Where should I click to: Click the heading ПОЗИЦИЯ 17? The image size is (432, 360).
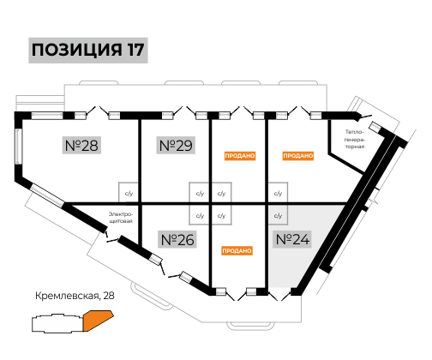pyautogui.click(x=88, y=50)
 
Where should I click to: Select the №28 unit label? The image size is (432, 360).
pyautogui.click(x=81, y=146)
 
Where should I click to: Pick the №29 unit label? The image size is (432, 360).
pyautogui.click(x=176, y=146)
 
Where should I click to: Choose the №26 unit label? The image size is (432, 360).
pyautogui.click(x=177, y=239)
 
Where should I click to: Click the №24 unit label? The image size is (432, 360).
pyautogui.click(x=292, y=239)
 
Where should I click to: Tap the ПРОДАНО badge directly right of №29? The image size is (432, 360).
pyautogui.click(x=240, y=156)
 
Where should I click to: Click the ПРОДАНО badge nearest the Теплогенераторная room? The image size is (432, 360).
pyautogui.click(x=298, y=156)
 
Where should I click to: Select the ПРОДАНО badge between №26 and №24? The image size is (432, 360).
pyautogui.click(x=237, y=251)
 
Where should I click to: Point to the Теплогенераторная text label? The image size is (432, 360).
pyautogui.click(x=355, y=139)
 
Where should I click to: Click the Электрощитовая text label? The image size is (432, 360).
pyautogui.click(x=121, y=218)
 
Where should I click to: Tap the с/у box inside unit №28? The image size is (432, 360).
pyautogui.click(x=129, y=193)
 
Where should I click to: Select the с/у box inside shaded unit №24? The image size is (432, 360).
pyautogui.click(x=278, y=215)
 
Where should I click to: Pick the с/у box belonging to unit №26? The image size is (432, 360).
pyautogui.click(x=200, y=215)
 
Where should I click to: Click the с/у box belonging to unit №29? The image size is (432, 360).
pyautogui.click(x=200, y=193)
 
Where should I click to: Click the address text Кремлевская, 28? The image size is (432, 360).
pyautogui.click(x=75, y=296)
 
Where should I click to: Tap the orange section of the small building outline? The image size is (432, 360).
pyautogui.click(x=97, y=320)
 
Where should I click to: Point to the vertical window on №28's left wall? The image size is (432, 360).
pyautogui.click(x=19, y=147)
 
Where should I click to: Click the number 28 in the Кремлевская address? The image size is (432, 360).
pyautogui.click(x=109, y=296)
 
